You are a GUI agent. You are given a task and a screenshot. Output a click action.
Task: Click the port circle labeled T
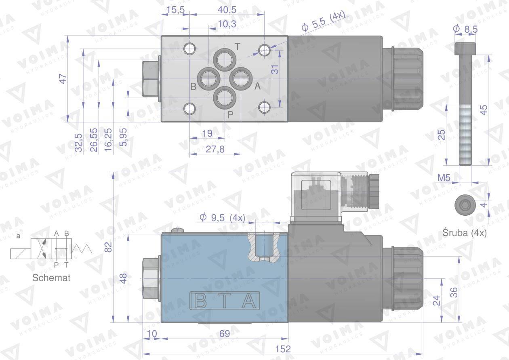pos(225,60)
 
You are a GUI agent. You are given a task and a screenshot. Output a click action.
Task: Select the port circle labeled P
pos(225,98)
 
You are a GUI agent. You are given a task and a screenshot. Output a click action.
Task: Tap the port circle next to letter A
pos(241,79)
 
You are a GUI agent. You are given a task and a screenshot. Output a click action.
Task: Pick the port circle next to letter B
pos(208,79)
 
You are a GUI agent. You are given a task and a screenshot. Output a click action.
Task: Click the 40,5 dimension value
pos(227,10)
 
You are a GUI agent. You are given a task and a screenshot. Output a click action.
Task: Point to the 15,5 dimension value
pos(175,10)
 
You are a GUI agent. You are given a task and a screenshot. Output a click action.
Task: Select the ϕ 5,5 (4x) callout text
pos(323,21)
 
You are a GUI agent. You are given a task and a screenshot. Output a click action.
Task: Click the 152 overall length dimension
pos(283,349)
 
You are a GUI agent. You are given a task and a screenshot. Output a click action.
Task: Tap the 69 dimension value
pos(225,333)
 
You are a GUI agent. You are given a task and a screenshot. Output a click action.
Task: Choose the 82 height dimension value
pos(108,247)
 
